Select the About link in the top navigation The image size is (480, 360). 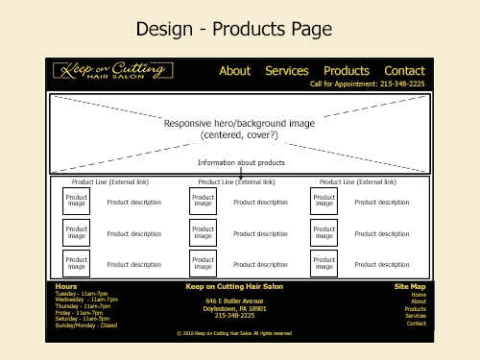pos(235,70)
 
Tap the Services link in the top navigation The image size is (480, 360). pos(287,70)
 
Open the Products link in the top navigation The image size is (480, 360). pos(347,70)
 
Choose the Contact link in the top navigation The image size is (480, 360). pos(404,70)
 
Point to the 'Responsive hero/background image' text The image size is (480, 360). pos(239,124)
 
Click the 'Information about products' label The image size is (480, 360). pos(241,163)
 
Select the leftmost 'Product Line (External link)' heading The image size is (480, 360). pos(109,180)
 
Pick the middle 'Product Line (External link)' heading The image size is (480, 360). pos(236,180)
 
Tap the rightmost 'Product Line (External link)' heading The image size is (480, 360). pos(356,180)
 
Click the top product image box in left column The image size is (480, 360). pos(77,202)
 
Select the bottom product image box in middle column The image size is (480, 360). pos(203,264)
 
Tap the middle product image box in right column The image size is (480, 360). pos(324,233)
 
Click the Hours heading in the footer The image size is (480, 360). pos(66,286)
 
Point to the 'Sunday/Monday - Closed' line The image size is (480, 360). pos(86,325)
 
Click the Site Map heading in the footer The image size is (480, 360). pos(410,286)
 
